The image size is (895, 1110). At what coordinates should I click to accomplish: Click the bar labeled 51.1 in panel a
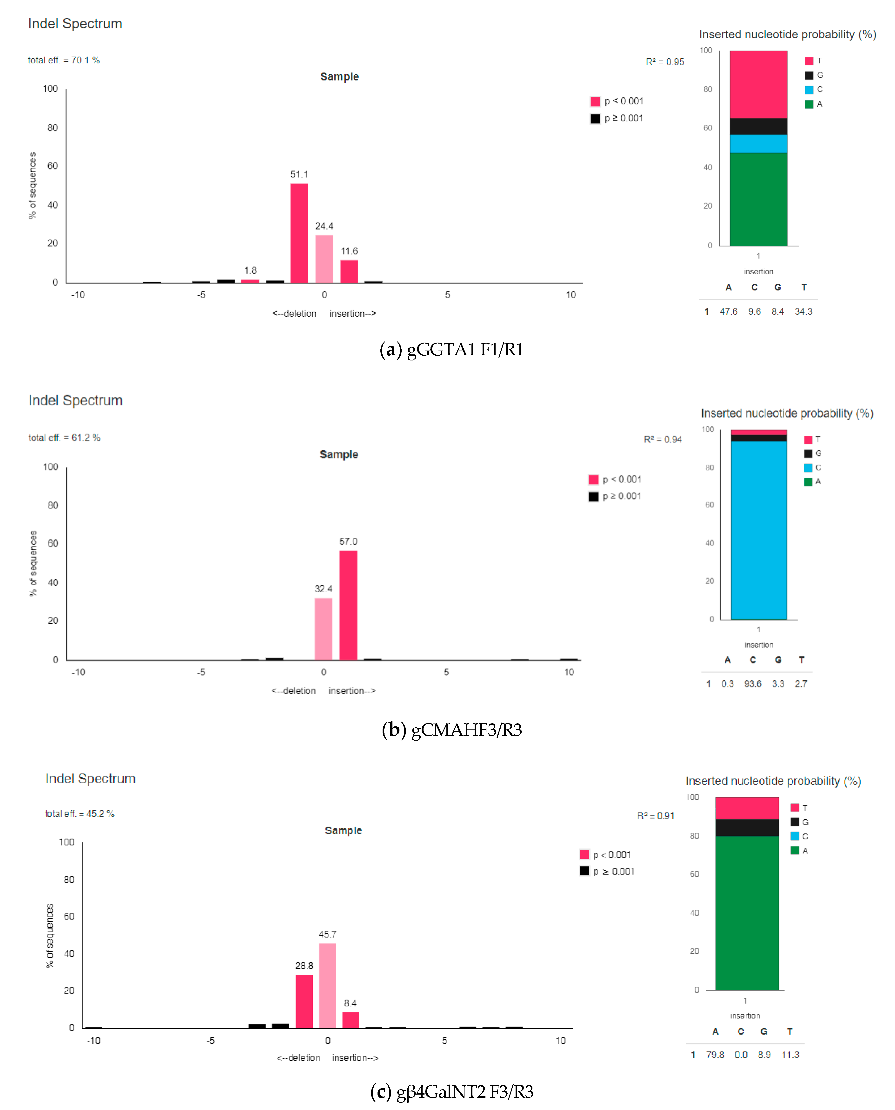pyautogui.click(x=299, y=233)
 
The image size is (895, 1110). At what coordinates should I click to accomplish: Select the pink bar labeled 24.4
pyautogui.click(x=324, y=259)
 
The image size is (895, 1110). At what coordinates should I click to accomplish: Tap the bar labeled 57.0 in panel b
pyautogui.click(x=348, y=605)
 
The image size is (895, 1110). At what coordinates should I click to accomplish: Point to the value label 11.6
pyautogui.click(x=349, y=251)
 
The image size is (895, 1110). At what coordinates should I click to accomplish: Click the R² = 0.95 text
pyautogui.click(x=664, y=62)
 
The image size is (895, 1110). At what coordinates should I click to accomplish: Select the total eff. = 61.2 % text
pyautogui.click(x=64, y=437)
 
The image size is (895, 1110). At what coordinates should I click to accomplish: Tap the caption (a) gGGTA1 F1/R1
pyautogui.click(x=451, y=350)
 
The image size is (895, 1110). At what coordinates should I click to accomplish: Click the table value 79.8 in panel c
pyautogui.click(x=715, y=1055)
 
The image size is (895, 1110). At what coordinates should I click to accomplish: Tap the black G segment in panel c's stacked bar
pyautogui.click(x=747, y=827)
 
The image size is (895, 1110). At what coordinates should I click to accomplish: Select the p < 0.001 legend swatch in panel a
pyautogui.click(x=595, y=101)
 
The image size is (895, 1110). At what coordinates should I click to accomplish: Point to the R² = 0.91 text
pyautogui.click(x=655, y=816)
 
